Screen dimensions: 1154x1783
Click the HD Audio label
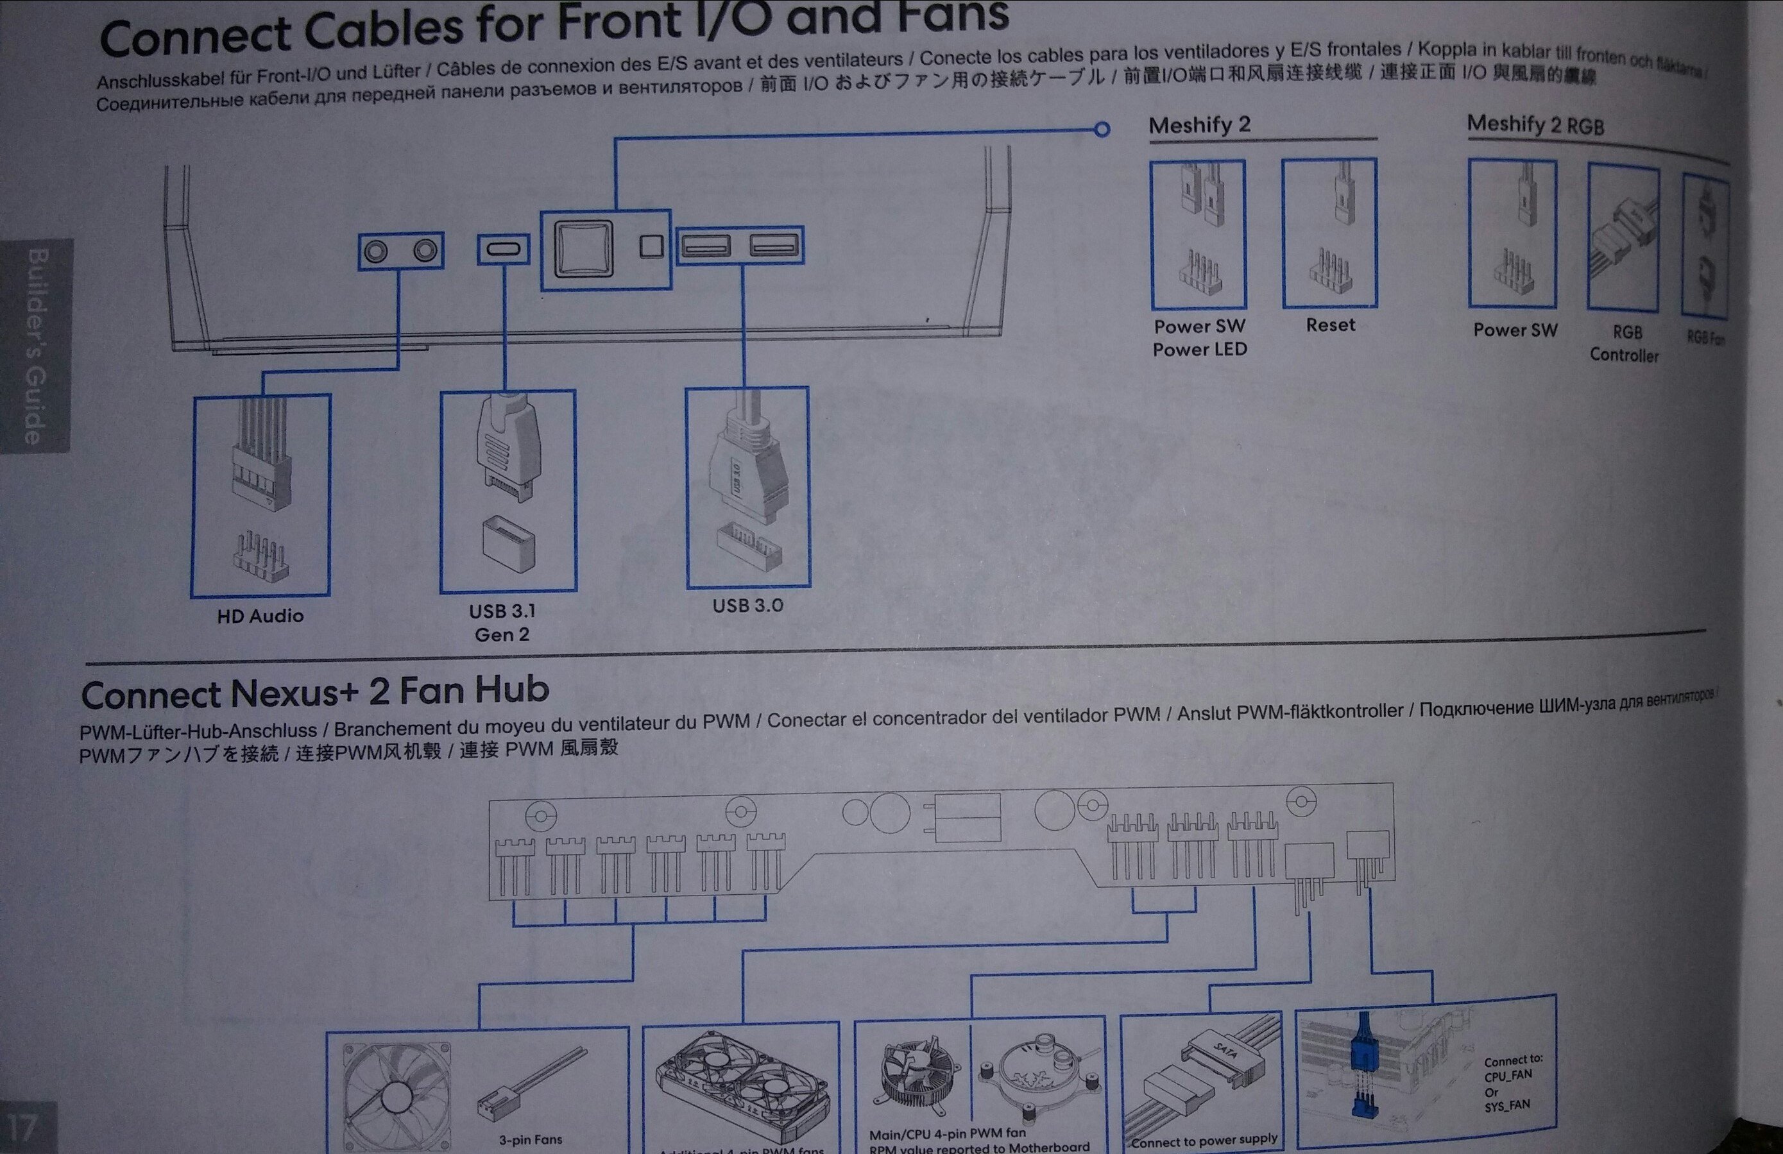point(260,616)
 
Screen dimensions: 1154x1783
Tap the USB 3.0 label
point(747,605)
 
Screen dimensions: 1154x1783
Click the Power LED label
point(1199,349)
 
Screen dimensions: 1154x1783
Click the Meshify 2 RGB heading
point(1535,124)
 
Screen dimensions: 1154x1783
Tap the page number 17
point(22,1127)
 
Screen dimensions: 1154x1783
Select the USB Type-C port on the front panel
point(502,249)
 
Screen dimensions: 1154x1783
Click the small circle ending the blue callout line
point(1101,130)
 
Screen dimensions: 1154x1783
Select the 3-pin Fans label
point(531,1139)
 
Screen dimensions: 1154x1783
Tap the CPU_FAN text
point(1508,1075)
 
